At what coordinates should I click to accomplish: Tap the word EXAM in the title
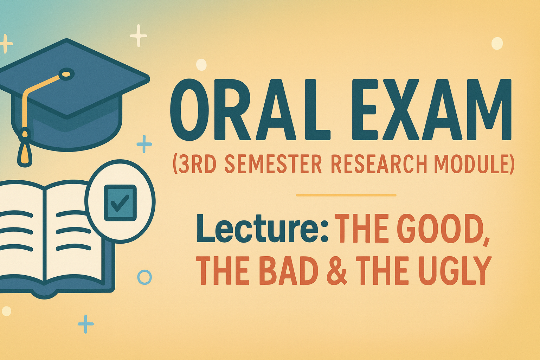point(432,110)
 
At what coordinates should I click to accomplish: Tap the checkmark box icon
point(120,203)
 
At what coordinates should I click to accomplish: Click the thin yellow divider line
point(346,195)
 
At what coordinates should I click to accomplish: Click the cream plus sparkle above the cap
point(139,36)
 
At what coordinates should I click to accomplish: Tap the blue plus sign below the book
point(85,324)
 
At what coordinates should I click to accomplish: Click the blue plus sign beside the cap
point(144,144)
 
